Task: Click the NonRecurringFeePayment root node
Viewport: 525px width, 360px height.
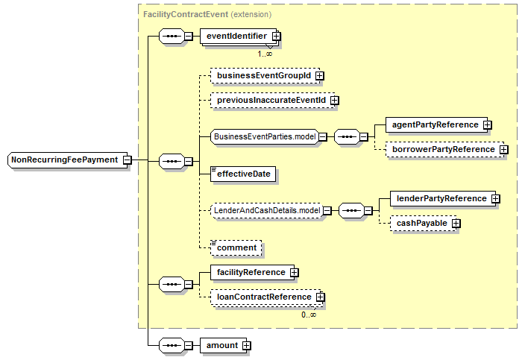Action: (67, 160)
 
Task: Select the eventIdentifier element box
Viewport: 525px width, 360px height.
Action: (238, 36)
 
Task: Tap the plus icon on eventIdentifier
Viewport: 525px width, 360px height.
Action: (276, 36)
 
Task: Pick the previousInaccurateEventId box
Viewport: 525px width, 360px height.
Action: (272, 101)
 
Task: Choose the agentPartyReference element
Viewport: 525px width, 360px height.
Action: (436, 124)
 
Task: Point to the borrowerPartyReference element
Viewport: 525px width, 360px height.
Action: (444, 150)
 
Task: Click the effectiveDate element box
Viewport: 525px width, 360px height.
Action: (243, 174)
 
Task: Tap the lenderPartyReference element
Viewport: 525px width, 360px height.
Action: (443, 199)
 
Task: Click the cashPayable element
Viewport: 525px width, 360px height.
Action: (423, 224)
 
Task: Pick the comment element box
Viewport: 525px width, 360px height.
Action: (236, 248)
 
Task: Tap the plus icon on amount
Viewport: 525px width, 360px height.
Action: (246, 346)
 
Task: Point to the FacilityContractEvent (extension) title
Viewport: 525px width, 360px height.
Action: (207, 14)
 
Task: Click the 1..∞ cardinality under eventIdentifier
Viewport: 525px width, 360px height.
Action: (265, 54)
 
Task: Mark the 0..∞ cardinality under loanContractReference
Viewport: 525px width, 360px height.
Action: (309, 315)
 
